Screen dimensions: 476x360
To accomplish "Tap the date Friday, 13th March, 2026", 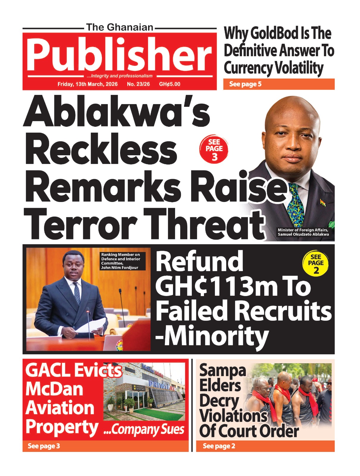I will click(x=87, y=84).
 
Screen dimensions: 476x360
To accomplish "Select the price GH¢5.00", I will click(x=169, y=84).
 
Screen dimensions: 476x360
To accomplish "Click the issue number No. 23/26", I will click(x=138, y=84).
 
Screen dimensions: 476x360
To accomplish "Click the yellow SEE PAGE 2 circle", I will click(x=316, y=263).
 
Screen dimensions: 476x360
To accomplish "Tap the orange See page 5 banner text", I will click(x=245, y=84).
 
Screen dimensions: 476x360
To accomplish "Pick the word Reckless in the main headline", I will click(x=101, y=150).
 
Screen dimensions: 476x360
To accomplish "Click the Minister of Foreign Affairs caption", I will click(x=303, y=232).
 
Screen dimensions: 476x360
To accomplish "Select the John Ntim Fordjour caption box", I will click(x=123, y=261).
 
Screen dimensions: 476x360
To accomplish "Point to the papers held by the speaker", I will click(x=91, y=326).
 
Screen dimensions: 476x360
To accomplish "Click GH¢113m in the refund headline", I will click(x=220, y=286).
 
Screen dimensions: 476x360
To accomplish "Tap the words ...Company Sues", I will click(x=144, y=429).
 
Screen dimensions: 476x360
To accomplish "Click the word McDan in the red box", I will click(x=54, y=389).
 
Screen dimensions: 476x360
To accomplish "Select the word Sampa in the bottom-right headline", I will click(x=222, y=370).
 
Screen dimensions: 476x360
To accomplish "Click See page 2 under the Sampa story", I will click(x=219, y=446).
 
